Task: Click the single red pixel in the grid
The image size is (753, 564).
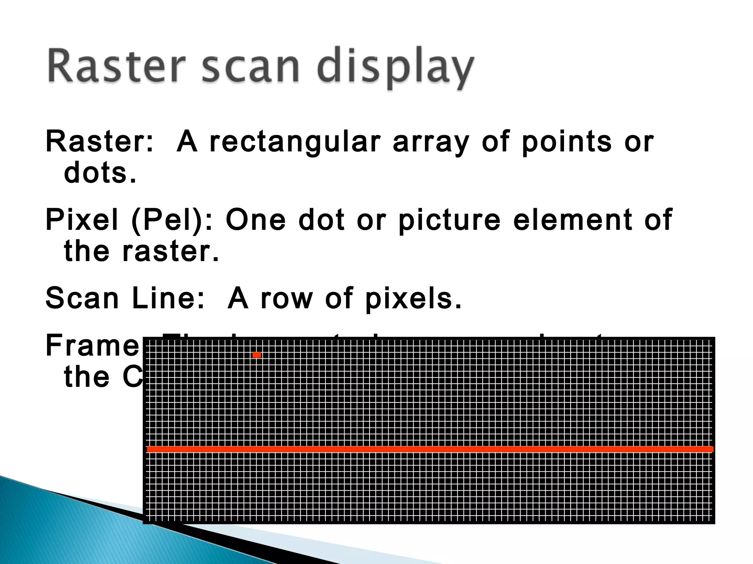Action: [257, 355]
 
